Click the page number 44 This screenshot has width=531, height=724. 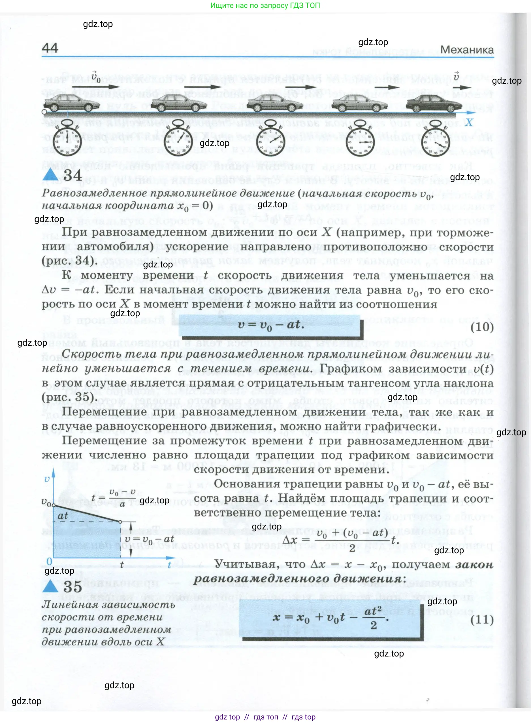coord(50,48)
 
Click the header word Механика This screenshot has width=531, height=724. coord(466,50)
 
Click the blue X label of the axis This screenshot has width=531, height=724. coord(469,122)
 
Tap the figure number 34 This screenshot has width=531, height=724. coord(72,175)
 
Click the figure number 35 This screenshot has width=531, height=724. coord(72,586)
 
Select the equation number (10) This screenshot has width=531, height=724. coord(482,327)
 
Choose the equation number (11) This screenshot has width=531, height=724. coord(482,619)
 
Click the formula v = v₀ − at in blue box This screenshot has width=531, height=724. coord(271,325)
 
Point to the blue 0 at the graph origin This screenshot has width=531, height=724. coord(49,561)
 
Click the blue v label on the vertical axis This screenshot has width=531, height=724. coord(47,479)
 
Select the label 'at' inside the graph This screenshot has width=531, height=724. coord(63,516)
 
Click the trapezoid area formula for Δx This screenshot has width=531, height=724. coord(341,540)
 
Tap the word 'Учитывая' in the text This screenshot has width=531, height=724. coord(238,564)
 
